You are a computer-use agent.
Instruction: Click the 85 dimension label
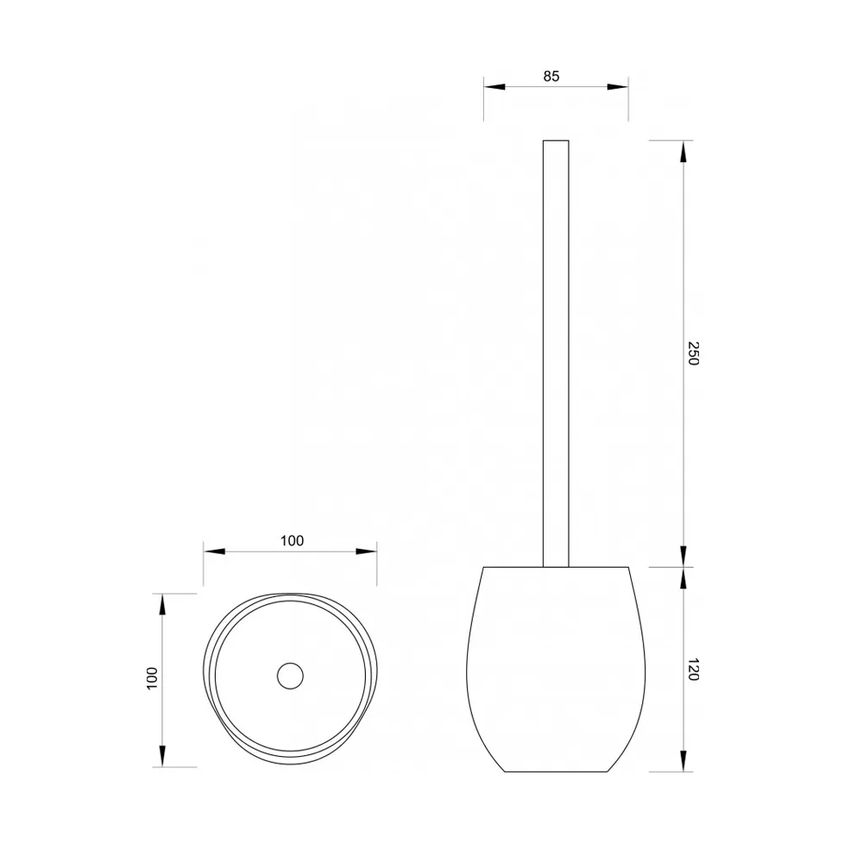(x=551, y=76)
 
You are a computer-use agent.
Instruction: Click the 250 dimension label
(x=694, y=353)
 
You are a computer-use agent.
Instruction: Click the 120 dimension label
(x=694, y=670)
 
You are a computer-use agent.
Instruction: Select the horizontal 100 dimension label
(x=292, y=540)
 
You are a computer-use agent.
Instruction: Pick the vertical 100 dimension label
(x=152, y=679)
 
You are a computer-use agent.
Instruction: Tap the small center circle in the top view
(x=290, y=676)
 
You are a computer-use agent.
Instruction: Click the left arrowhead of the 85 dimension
(x=494, y=87)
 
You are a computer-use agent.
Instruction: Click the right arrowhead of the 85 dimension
(x=618, y=87)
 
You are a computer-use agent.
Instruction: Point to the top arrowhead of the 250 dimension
(x=683, y=151)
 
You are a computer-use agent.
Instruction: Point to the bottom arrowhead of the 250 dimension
(x=683, y=556)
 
